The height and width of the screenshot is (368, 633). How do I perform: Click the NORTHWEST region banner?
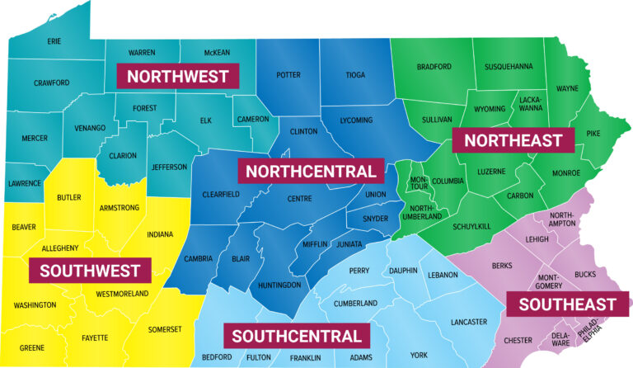coord(177,77)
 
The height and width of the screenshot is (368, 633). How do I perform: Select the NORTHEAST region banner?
coord(513,139)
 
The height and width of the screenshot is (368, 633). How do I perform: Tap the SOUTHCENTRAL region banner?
coord(296,336)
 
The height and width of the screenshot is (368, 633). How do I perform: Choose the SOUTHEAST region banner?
coord(561,304)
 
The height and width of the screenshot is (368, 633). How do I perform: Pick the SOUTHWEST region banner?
coord(90,270)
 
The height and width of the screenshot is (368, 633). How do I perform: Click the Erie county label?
coord(54,40)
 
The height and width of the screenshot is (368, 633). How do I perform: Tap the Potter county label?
coord(288,74)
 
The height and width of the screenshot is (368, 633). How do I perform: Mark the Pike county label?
coord(593,133)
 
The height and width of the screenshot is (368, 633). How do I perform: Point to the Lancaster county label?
coord(469,321)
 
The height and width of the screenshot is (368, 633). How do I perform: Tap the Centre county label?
coord(299,199)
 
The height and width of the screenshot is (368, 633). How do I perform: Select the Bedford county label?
coord(216,357)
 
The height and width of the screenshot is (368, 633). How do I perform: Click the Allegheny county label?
coord(60,248)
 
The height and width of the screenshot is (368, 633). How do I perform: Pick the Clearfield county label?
coord(220,194)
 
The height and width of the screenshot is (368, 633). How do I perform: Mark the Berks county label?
coord(501,266)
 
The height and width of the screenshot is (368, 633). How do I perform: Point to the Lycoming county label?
coord(356,120)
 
